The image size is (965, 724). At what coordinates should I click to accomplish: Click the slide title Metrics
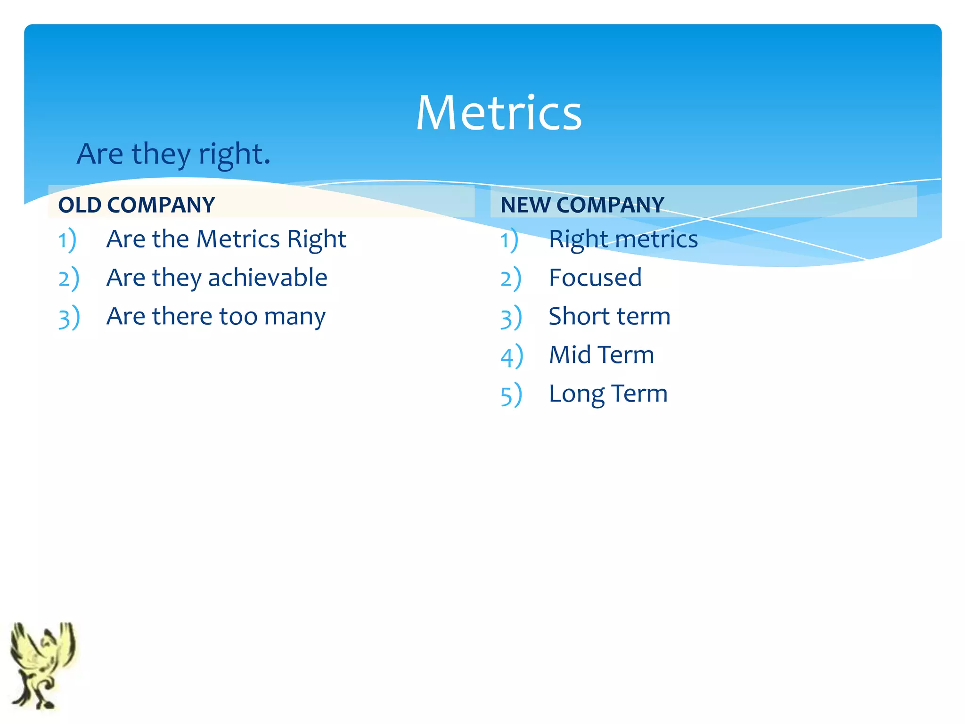click(499, 113)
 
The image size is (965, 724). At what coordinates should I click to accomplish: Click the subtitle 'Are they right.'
click(173, 154)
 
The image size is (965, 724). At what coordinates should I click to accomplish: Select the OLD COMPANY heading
click(136, 205)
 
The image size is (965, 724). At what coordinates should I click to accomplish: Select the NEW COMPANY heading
click(582, 205)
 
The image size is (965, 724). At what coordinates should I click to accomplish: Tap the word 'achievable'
click(268, 278)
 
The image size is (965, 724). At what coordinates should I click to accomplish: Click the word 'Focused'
click(595, 278)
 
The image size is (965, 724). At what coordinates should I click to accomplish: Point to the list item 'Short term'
click(609, 316)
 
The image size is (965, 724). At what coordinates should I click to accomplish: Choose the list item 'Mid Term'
click(601, 355)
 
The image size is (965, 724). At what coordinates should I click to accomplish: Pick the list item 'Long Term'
click(608, 394)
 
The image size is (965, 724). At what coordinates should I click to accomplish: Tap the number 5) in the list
click(511, 395)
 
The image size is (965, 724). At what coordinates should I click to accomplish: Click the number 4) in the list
click(511, 356)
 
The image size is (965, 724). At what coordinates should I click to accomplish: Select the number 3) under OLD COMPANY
click(69, 318)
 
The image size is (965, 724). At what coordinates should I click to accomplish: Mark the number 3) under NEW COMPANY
click(511, 318)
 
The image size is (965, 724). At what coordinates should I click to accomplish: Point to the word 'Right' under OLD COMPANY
click(317, 239)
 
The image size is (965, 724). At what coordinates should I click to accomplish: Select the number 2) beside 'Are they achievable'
click(69, 279)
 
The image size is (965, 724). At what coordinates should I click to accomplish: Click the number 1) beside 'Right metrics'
click(509, 240)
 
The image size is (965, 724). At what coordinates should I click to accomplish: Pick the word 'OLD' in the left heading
click(79, 205)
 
